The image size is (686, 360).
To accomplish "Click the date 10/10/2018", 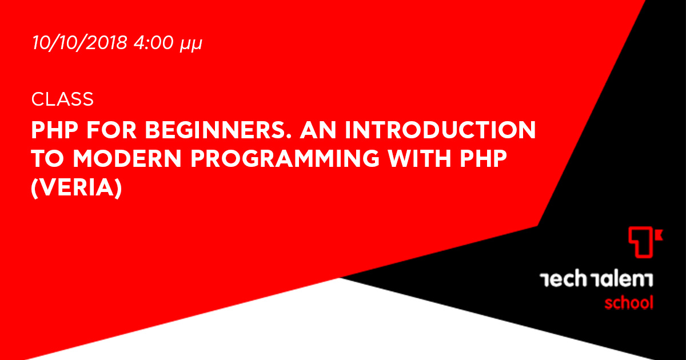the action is pos(79,42).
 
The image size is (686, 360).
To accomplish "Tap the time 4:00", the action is pos(154,42).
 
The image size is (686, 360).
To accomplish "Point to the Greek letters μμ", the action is pos(190,45).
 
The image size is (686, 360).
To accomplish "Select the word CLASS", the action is pos(62,99).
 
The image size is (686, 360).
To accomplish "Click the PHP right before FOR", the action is pos(55,130).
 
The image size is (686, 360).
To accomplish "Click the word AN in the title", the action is pos(318,130).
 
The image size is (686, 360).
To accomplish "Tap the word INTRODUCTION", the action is pos(440,130).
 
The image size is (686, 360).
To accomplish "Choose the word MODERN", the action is pos(127,159).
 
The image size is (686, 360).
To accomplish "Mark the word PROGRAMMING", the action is pos(285,159).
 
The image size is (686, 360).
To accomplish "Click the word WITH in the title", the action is pos(420,159).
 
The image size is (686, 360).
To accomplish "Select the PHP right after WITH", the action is pos(483,159).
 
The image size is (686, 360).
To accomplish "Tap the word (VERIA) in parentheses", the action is pos(77,187).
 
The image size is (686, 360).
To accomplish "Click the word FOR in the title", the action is pos(111,130).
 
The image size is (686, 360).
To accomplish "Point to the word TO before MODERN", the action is pos(47,159).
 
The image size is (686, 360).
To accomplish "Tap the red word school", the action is pos(629,303).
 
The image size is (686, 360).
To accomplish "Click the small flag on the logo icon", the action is pos(659,235).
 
